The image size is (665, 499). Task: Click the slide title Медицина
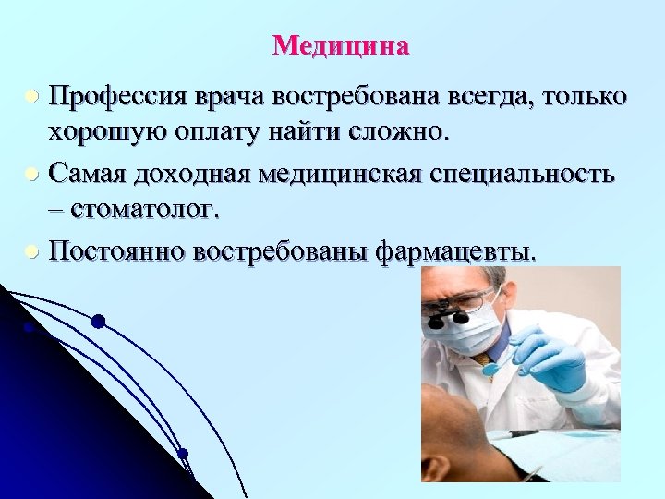pos(341,45)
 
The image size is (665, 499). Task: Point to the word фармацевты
pos(453,250)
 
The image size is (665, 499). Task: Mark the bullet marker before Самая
pos(31,174)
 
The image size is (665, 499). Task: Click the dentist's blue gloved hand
pos(552,359)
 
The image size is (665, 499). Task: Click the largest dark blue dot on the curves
pos(98,322)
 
